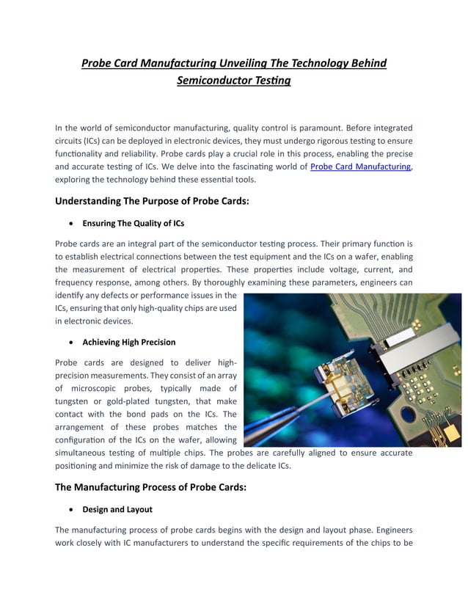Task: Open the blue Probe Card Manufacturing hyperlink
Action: click(360, 167)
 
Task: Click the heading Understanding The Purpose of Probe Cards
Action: click(153, 200)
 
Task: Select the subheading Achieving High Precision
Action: click(129, 342)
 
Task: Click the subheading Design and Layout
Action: click(117, 508)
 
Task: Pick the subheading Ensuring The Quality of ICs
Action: click(134, 223)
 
